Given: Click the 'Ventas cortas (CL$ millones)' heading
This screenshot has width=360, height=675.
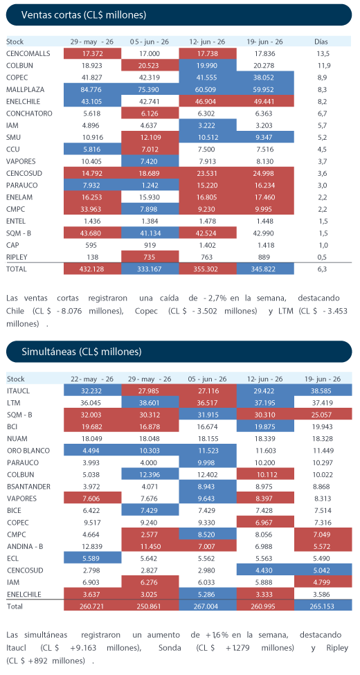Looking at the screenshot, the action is pos(84,15).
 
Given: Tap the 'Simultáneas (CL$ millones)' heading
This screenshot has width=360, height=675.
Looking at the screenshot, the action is pos(82,352).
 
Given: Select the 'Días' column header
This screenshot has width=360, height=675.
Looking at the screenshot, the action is pos(321,42).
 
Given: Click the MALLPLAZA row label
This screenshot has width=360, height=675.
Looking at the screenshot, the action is pos(26,89).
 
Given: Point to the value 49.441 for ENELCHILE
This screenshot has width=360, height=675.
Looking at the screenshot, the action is pos(265,102).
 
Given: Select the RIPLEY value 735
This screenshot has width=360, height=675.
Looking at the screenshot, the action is pos(150,257).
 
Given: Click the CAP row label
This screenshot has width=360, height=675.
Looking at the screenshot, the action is pos(12,245).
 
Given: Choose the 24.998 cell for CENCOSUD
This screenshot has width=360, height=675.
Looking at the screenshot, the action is pos(265,174).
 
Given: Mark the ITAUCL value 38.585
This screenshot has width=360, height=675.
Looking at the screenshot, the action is pos(322,391).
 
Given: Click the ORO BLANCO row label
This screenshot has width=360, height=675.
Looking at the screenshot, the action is pos(28,451).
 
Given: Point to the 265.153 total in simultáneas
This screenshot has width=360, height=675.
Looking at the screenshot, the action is pos(322,606).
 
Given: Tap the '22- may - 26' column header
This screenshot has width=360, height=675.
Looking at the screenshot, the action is pos(92,379).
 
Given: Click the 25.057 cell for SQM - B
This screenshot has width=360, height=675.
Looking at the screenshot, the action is pos(322,415).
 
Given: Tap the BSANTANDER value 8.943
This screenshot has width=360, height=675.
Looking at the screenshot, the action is pos(207,487).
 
